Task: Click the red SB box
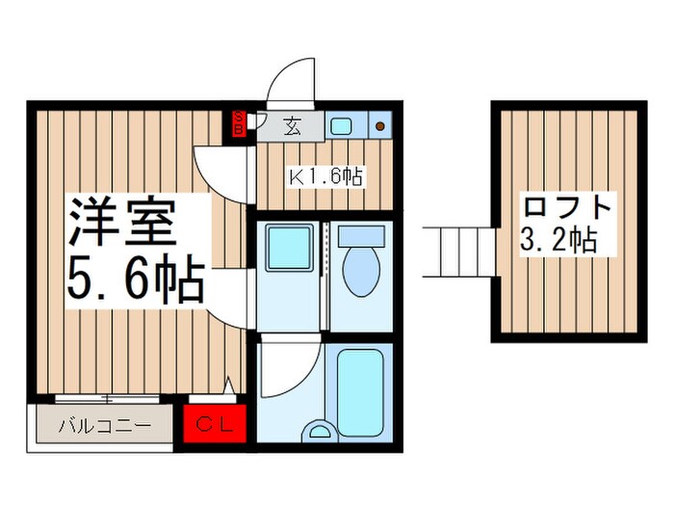pos(240,122)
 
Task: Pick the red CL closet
pos(216,423)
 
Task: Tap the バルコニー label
pos(104,424)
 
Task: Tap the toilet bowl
pos(362,273)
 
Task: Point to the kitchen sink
pos(341,124)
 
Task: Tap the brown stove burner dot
pos(380,125)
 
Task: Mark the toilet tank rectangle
pos(362,236)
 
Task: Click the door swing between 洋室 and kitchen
pos(218,169)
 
